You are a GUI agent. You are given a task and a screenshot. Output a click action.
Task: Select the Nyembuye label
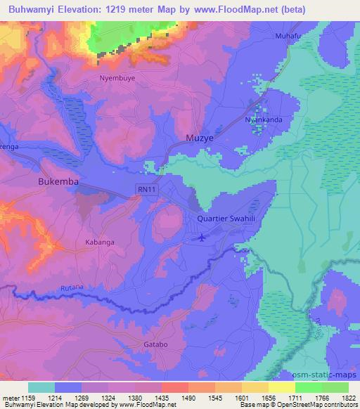tap(117, 78)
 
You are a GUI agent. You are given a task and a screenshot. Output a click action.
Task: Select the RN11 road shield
tap(144, 190)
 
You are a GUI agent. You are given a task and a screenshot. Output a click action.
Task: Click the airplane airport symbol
tap(202, 237)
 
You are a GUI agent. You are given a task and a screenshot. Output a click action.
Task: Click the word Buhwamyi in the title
tap(32, 9)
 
